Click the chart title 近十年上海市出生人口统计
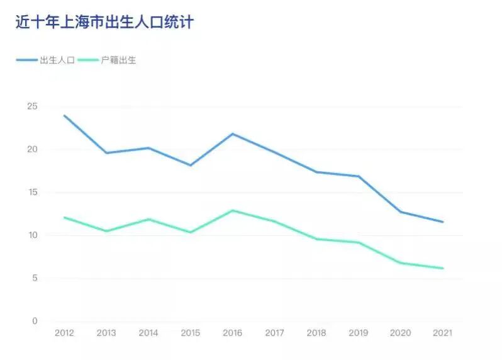[x=104, y=22]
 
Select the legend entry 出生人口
[x=57, y=60]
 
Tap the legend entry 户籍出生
[x=118, y=60]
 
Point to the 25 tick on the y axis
[x=31, y=106]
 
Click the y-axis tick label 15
[x=31, y=193]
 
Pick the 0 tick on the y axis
[x=35, y=321]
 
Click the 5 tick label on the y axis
[x=35, y=278]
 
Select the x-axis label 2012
[x=64, y=333]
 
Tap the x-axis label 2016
[x=232, y=333]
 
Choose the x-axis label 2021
[x=443, y=333]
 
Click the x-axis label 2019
[x=359, y=333]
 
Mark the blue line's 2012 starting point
[x=64, y=115]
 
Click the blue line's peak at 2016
[x=232, y=133]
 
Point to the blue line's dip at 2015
[x=191, y=165]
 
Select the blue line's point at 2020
[x=401, y=211]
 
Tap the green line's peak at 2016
[x=232, y=210]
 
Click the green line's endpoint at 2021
[x=443, y=268]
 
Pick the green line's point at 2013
[x=106, y=231]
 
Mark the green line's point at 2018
[x=316, y=239]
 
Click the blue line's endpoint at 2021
[x=443, y=222]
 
